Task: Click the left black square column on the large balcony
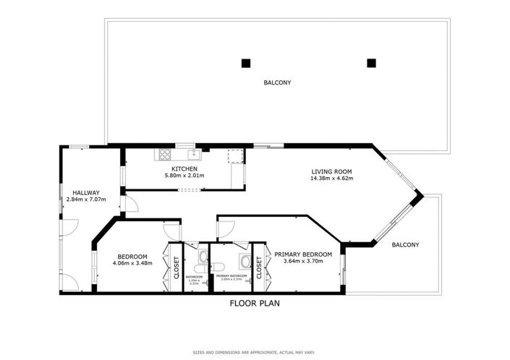click(247, 62)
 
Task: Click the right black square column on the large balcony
click(372, 62)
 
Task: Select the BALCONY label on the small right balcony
click(405, 245)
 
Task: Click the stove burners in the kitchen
click(163, 153)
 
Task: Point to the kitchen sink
click(191, 154)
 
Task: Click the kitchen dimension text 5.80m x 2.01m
click(184, 176)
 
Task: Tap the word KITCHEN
click(184, 169)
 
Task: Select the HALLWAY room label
click(82, 192)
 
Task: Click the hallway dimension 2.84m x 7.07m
click(82, 200)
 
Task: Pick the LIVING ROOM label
click(331, 172)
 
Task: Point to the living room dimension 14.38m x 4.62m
click(331, 179)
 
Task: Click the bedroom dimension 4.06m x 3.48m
click(132, 263)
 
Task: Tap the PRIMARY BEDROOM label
click(303, 254)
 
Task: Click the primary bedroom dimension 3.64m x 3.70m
click(303, 261)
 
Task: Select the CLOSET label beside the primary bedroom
click(258, 267)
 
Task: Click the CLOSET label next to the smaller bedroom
click(176, 267)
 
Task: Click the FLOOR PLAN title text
click(255, 303)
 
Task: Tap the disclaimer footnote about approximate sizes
click(255, 352)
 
